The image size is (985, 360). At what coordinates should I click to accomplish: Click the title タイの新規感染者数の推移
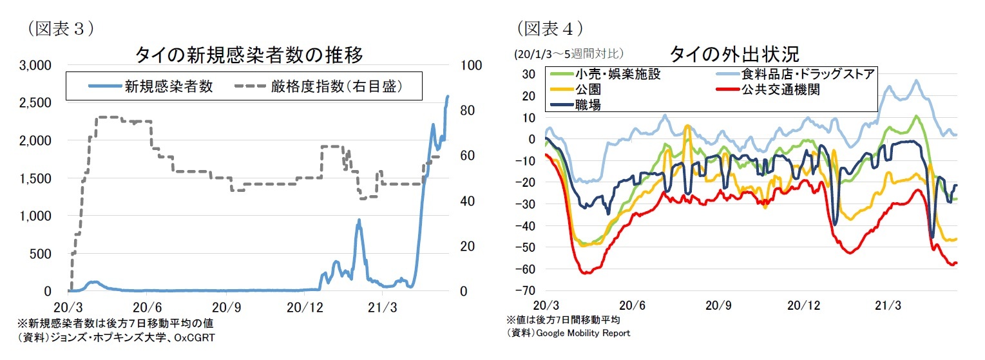[249, 55]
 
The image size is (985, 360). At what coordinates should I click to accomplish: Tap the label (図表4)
[550, 28]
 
